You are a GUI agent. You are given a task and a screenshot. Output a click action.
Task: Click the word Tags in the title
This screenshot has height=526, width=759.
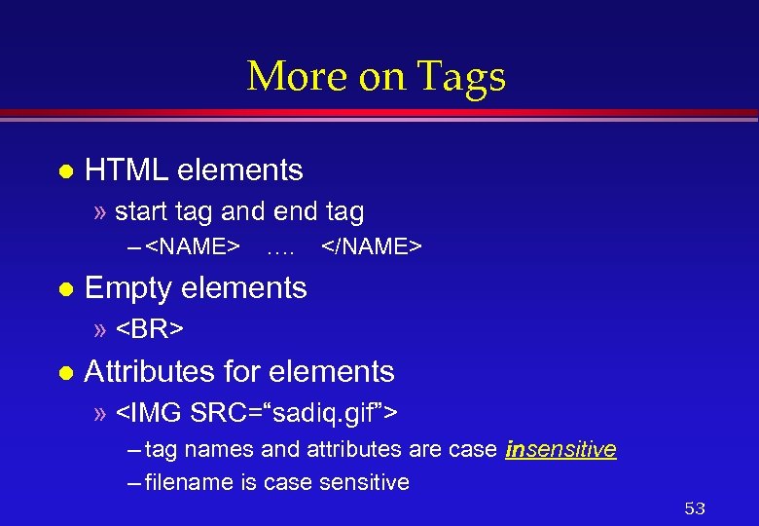[x=462, y=76]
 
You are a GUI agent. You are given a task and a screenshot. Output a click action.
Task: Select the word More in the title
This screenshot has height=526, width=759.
[x=296, y=76]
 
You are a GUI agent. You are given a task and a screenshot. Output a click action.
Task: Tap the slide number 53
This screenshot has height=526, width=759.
[x=694, y=508]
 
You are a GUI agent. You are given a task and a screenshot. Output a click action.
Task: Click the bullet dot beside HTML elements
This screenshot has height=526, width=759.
[x=65, y=171]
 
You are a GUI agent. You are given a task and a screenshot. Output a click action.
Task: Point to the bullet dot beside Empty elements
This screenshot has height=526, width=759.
[x=65, y=289]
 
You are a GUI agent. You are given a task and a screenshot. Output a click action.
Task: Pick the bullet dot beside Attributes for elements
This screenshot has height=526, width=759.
[x=65, y=373]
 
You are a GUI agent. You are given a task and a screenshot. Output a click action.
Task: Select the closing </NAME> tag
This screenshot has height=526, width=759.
[x=371, y=247]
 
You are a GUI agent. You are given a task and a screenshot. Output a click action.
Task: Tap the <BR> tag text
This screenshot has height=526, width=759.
[x=150, y=330]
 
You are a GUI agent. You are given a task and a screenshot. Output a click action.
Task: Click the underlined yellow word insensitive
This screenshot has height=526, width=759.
[x=560, y=449]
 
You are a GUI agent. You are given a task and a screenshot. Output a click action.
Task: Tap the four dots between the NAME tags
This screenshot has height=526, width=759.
[x=280, y=248]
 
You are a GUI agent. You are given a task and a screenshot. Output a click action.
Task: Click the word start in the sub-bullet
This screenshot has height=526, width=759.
[x=137, y=211]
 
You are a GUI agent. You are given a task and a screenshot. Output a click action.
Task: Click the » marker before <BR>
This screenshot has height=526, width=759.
[x=101, y=330]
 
